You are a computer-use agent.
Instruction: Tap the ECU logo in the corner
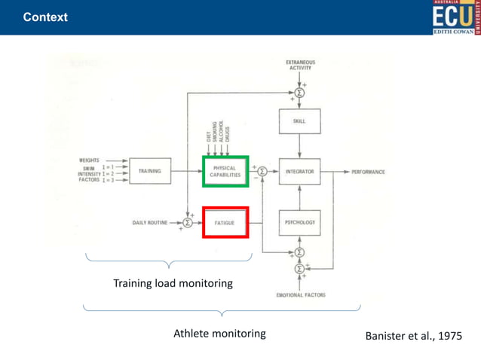click(x=455, y=17)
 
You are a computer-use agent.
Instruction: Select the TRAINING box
click(x=150, y=171)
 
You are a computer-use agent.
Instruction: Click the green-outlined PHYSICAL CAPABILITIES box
click(x=225, y=170)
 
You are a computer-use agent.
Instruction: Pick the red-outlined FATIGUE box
click(x=225, y=222)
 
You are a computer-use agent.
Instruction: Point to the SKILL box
click(x=300, y=121)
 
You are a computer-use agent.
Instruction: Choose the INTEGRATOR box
click(x=300, y=172)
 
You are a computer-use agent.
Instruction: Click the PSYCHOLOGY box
click(x=300, y=222)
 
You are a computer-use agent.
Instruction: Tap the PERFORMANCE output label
click(x=368, y=172)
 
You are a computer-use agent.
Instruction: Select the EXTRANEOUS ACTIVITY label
click(x=300, y=64)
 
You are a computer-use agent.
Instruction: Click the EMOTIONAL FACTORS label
click(x=300, y=295)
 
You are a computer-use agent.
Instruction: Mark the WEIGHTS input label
click(x=89, y=160)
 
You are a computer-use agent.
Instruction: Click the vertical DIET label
click(x=208, y=136)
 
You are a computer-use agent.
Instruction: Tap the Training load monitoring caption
click(x=173, y=283)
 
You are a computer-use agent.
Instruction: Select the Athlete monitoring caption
click(x=219, y=333)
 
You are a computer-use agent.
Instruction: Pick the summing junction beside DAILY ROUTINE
click(x=188, y=222)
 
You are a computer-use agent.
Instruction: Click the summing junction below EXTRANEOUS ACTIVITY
click(x=299, y=93)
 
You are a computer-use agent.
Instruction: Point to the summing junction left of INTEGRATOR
click(x=262, y=172)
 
